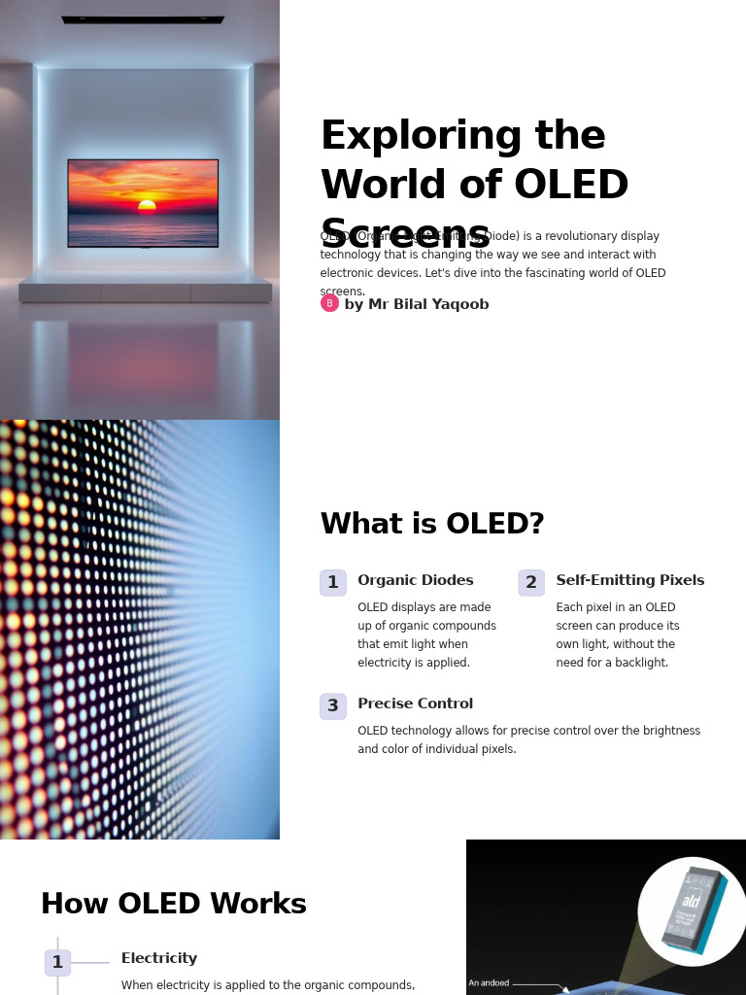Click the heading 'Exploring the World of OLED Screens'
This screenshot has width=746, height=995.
(474, 184)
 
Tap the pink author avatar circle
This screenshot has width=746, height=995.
(329, 303)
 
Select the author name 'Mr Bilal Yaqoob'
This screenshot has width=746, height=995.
(427, 305)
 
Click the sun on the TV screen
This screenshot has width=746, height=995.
(147, 205)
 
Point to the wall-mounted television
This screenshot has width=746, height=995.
(143, 202)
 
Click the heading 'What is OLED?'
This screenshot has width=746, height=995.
(432, 524)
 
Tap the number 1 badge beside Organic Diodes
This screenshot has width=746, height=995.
(333, 583)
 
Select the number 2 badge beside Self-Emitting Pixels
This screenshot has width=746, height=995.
(531, 583)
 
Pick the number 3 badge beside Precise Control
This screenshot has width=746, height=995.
(333, 706)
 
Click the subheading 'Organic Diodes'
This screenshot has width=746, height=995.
(416, 581)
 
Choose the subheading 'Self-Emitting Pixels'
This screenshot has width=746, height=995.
(629, 581)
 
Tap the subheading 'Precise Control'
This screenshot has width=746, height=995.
(416, 704)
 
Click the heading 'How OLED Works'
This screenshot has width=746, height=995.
(174, 905)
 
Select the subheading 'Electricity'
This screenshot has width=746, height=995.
(159, 959)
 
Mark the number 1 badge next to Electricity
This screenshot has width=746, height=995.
(57, 963)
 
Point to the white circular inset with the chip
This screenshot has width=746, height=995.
(692, 911)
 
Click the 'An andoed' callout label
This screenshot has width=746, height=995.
(489, 983)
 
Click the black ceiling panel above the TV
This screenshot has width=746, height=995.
(143, 19)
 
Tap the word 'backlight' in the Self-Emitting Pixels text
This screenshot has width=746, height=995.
(639, 663)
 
